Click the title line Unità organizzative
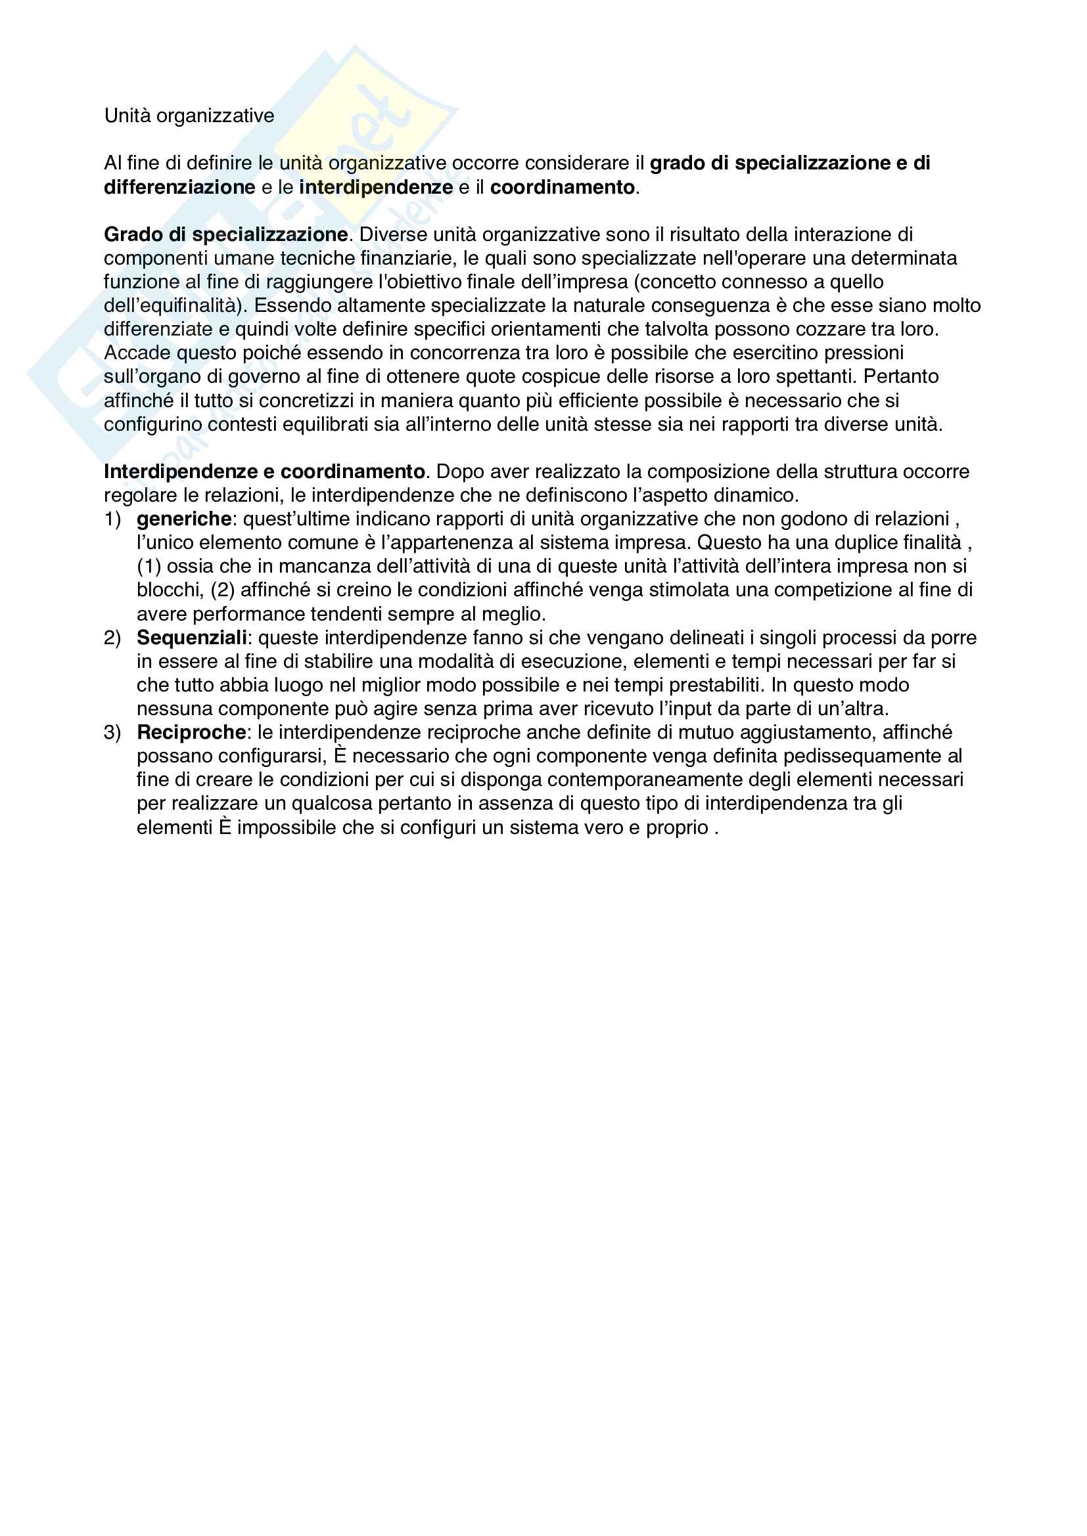pyautogui.click(x=189, y=116)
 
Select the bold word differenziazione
pyautogui.click(x=179, y=187)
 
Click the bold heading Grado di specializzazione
pyautogui.click(x=225, y=235)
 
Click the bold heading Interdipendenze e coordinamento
pyautogui.click(x=264, y=472)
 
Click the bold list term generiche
pyautogui.click(x=184, y=519)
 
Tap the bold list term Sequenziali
pyautogui.click(x=192, y=638)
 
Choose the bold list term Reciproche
pyautogui.click(x=191, y=733)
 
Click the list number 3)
pyautogui.click(x=112, y=733)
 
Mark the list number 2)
pyautogui.click(x=112, y=638)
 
